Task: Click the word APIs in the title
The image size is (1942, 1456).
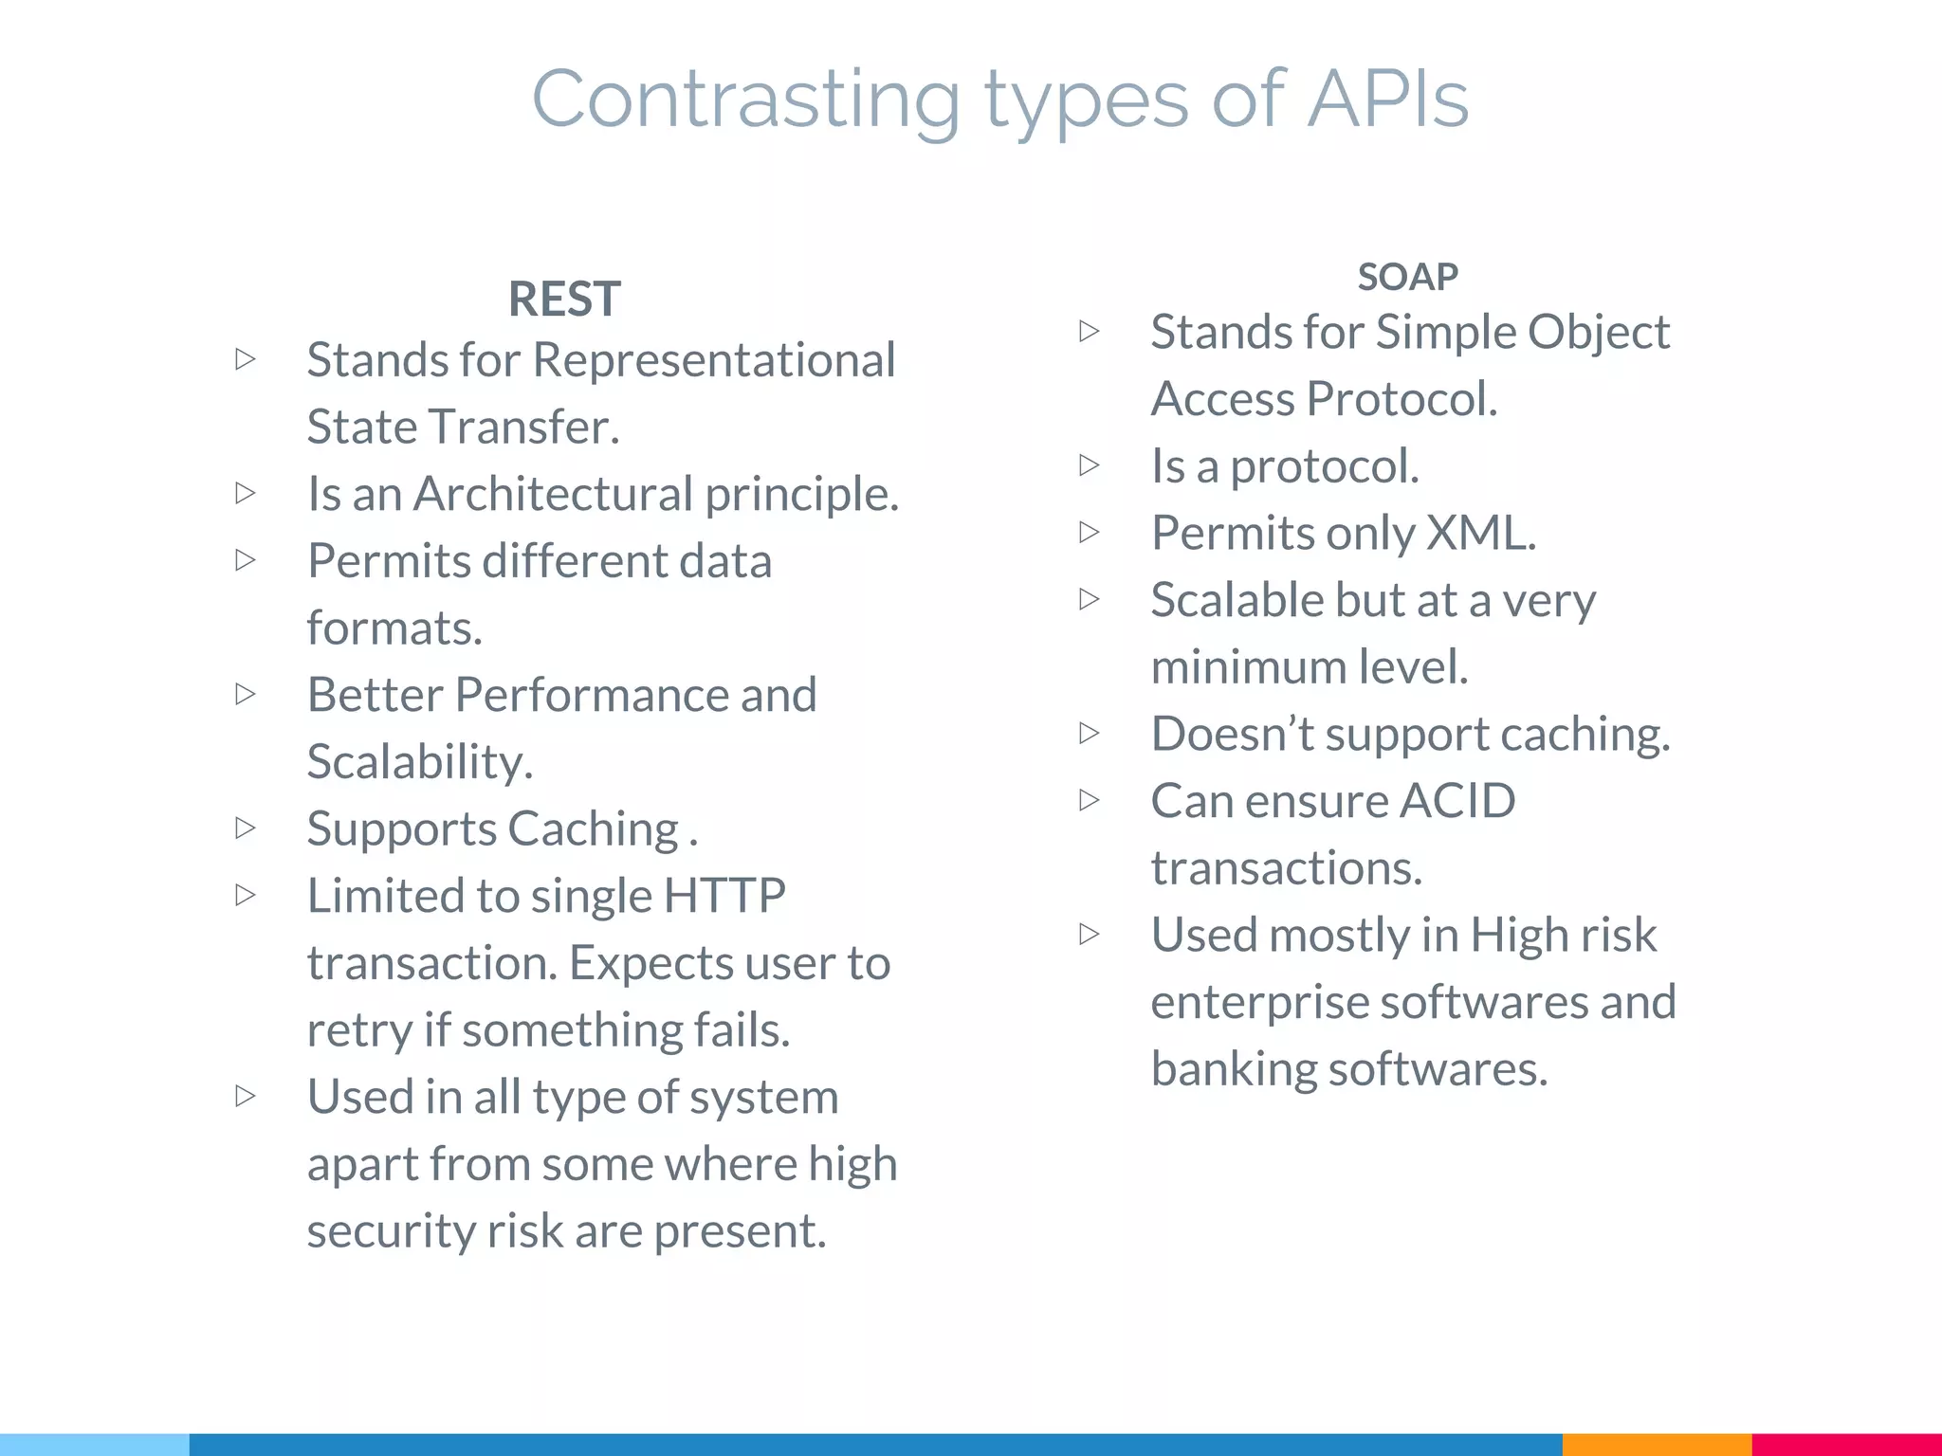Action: point(1388,99)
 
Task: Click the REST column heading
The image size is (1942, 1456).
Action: point(564,300)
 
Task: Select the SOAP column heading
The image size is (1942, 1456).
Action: point(1407,277)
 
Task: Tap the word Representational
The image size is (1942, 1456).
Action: point(714,360)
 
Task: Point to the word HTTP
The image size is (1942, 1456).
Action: point(724,896)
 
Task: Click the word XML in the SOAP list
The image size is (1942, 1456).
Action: point(1480,533)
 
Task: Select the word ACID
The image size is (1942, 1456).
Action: point(1457,801)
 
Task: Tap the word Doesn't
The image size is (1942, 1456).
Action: point(1232,734)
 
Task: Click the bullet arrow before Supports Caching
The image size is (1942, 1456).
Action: point(246,828)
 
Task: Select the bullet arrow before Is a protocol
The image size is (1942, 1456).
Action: point(1090,464)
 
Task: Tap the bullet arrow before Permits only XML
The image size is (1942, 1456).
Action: point(1090,532)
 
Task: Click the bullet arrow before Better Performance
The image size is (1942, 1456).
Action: point(246,694)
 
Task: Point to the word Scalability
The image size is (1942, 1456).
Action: point(420,762)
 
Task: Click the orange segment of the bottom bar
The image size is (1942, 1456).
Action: point(1657,1445)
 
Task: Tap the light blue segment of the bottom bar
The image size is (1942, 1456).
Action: point(95,1445)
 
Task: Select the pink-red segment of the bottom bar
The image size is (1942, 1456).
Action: point(1846,1445)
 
